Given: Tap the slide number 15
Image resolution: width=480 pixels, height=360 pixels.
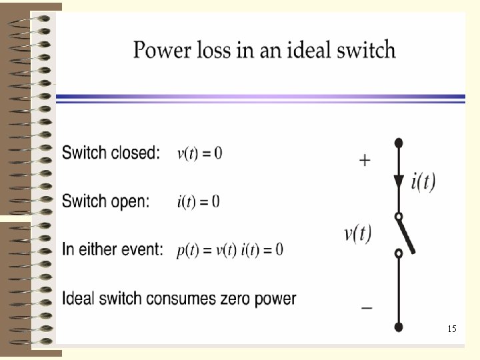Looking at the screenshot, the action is pos(451,329).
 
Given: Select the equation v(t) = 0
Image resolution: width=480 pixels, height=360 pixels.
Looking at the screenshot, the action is pos(199,153).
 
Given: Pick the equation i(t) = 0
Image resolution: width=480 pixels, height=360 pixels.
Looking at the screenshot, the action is pos(198,201).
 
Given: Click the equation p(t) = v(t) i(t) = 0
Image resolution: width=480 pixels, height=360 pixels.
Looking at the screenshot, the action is pos(230,249).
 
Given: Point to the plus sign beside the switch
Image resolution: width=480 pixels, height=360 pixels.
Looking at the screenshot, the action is pos(365,161).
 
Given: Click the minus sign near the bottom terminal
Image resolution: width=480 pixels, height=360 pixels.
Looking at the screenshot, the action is pos(367,308).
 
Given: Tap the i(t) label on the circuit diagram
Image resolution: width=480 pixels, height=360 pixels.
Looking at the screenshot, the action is pos(423,181).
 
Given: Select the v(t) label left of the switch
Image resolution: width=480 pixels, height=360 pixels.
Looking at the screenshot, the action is pos(358,233).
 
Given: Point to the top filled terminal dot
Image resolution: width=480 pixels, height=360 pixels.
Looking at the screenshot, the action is pos(399,143).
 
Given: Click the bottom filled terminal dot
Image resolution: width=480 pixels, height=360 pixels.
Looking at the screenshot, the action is pos(399,327).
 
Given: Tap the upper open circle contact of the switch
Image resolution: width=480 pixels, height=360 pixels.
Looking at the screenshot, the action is pos(399,217).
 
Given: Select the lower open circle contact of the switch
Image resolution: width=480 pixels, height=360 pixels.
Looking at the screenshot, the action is pos(399,254).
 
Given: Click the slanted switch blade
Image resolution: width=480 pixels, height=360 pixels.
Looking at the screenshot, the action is pos(407,237).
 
